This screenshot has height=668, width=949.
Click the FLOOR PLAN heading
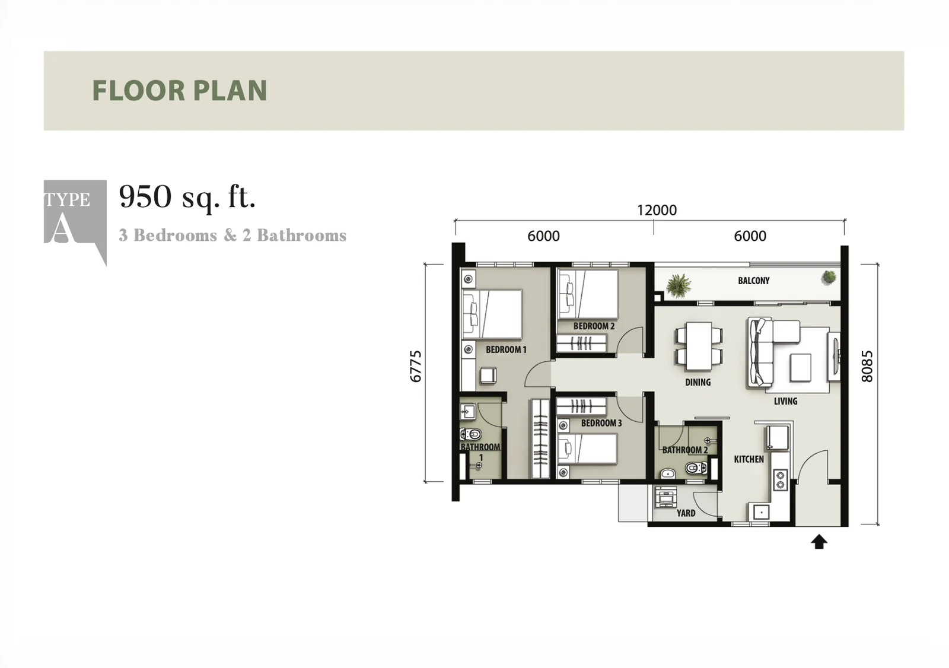click(180, 90)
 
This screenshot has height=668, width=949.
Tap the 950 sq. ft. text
click(187, 197)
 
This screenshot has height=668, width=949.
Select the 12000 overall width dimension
click(657, 210)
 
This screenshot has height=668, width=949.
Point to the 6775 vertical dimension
click(416, 367)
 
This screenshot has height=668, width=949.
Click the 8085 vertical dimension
click(867, 367)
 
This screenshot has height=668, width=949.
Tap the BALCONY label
click(754, 281)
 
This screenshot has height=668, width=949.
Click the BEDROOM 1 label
click(506, 349)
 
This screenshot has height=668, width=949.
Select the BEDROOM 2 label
click(594, 326)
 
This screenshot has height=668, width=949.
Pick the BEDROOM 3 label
click(601, 423)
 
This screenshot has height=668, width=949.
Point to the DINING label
click(698, 382)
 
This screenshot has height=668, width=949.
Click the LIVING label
click(785, 401)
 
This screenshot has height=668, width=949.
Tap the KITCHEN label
click(749, 459)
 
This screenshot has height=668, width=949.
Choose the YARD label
click(686, 513)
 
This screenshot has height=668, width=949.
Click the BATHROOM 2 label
click(685, 450)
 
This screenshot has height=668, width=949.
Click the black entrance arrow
click(819, 542)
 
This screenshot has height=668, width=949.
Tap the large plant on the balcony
click(679, 285)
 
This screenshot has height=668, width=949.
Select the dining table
click(699, 346)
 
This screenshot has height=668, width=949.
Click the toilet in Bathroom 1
click(471, 434)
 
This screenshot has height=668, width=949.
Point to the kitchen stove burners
click(780, 480)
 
